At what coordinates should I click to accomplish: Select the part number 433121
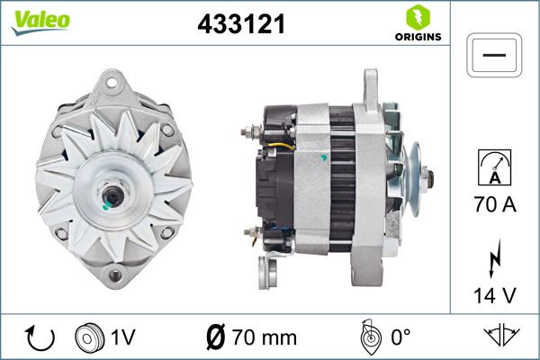[x=240, y=25]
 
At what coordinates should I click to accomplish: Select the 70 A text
[x=494, y=206]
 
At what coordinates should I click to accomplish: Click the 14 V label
[x=494, y=293]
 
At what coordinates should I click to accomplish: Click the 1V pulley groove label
[x=122, y=337]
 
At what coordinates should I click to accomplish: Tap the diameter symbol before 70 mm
[x=216, y=337]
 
